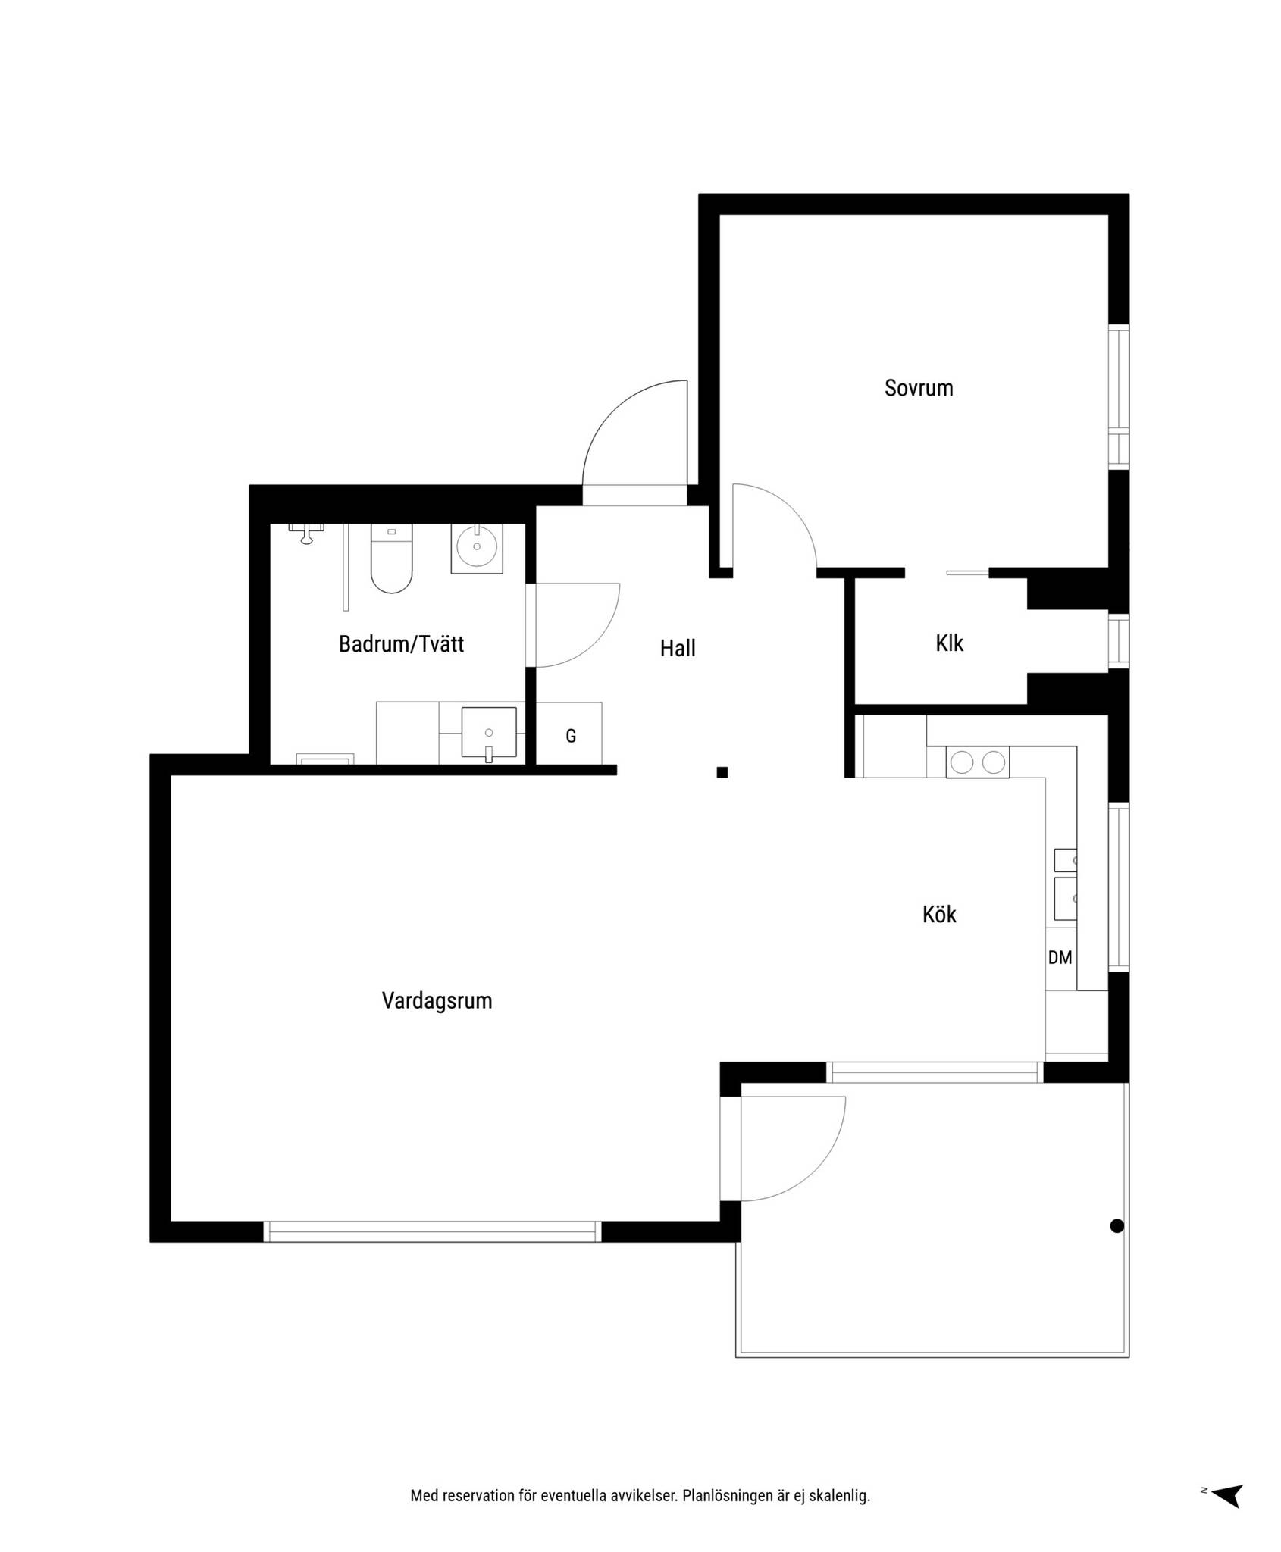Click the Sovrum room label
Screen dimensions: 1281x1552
pos(918,388)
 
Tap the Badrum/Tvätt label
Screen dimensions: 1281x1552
pos(401,644)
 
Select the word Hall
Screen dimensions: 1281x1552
pos(678,648)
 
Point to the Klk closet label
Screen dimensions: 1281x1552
pos(949,643)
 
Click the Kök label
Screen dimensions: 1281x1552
pos(939,915)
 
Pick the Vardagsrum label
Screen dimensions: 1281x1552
pos(437,1001)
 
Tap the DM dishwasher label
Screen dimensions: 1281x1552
pos(1060,958)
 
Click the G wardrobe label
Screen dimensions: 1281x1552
pos(571,736)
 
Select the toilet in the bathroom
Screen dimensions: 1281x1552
pos(391,559)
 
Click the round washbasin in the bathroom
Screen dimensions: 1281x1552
pos(477,548)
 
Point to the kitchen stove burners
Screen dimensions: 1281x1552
pos(977,762)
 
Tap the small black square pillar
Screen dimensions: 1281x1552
pos(722,772)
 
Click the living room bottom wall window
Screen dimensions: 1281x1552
pos(433,1231)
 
